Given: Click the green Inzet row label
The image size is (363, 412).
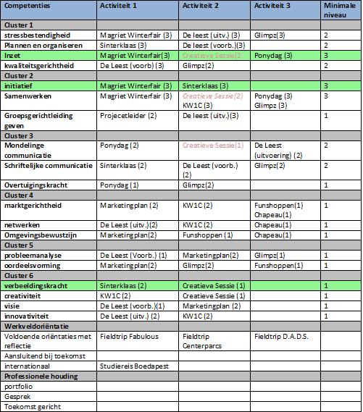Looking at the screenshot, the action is pos(13,55).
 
